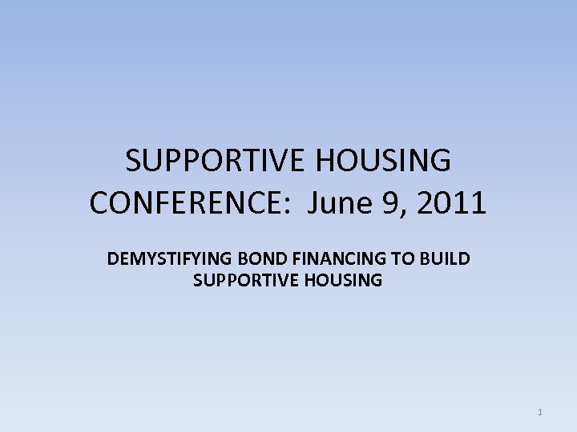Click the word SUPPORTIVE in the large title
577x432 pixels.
pos(216,162)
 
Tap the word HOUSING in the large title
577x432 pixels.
pos(383,162)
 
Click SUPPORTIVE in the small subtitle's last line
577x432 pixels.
pos(241,280)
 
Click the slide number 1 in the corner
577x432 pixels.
pos(540,413)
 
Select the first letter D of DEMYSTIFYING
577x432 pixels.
pos(112,259)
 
